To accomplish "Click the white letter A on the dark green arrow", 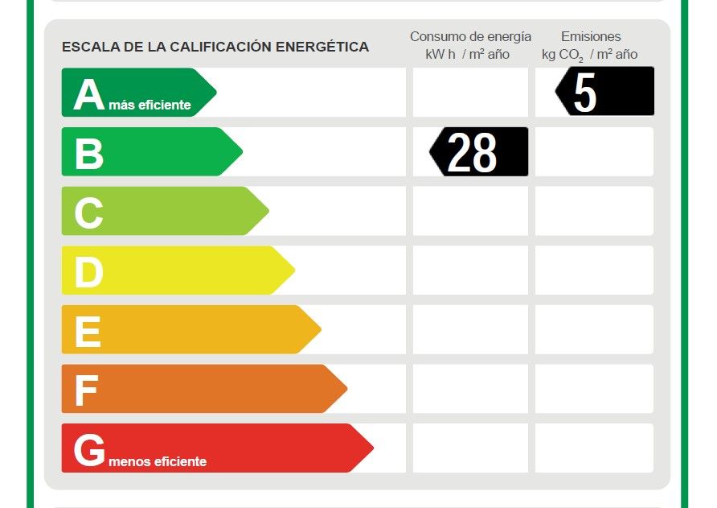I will [x=89, y=95].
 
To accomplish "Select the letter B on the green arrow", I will [x=89, y=154].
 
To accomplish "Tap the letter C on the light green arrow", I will [x=88, y=213].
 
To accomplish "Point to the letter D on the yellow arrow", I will [x=88, y=273].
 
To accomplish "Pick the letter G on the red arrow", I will [x=89, y=450].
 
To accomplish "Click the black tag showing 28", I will [x=479, y=152].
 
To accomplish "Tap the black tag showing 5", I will [x=604, y=92].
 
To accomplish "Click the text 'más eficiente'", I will [x=150, y=105].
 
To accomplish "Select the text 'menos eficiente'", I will [x=157, y=461].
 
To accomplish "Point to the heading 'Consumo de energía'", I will [x=470, y=36].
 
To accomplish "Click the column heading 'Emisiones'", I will [x=591, y=36].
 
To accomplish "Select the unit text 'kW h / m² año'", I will [x=461, y=54].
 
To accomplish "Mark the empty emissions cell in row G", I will [x=594, y=448].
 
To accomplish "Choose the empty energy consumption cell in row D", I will [x=470, y=271].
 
